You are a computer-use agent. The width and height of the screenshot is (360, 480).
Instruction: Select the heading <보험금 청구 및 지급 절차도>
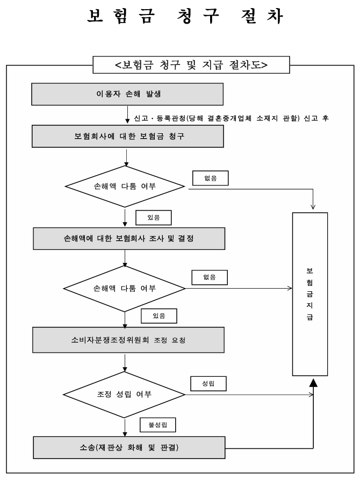(191, 66)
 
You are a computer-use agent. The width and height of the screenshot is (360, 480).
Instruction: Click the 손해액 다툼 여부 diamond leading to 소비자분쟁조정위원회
(125, 289)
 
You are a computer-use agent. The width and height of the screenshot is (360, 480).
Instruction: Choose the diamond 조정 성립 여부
(125, 394)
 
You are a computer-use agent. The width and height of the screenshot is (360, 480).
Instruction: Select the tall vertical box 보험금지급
(309, 294)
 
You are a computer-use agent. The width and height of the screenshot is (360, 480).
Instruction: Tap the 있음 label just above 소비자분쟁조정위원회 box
(159, 316)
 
